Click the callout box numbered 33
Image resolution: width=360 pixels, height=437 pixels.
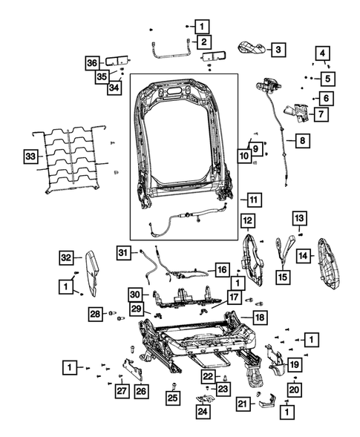tap(29, 157)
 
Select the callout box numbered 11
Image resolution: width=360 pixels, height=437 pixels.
tap(254, 199)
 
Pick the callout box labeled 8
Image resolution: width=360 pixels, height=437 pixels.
tap(302, 139)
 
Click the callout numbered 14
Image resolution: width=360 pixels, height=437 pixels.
tap(303, 255)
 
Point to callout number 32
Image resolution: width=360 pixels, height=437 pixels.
tap(66, 257)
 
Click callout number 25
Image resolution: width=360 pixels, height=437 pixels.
tap(172, 399)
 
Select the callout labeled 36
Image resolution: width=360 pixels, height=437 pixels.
tap(91, 63)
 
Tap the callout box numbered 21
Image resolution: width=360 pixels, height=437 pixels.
tap(242, 404)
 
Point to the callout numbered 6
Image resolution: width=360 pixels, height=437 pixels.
tap(325, 97)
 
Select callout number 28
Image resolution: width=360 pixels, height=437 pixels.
tap(95, 313)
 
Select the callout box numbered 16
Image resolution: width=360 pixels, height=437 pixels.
tap(221, 269)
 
